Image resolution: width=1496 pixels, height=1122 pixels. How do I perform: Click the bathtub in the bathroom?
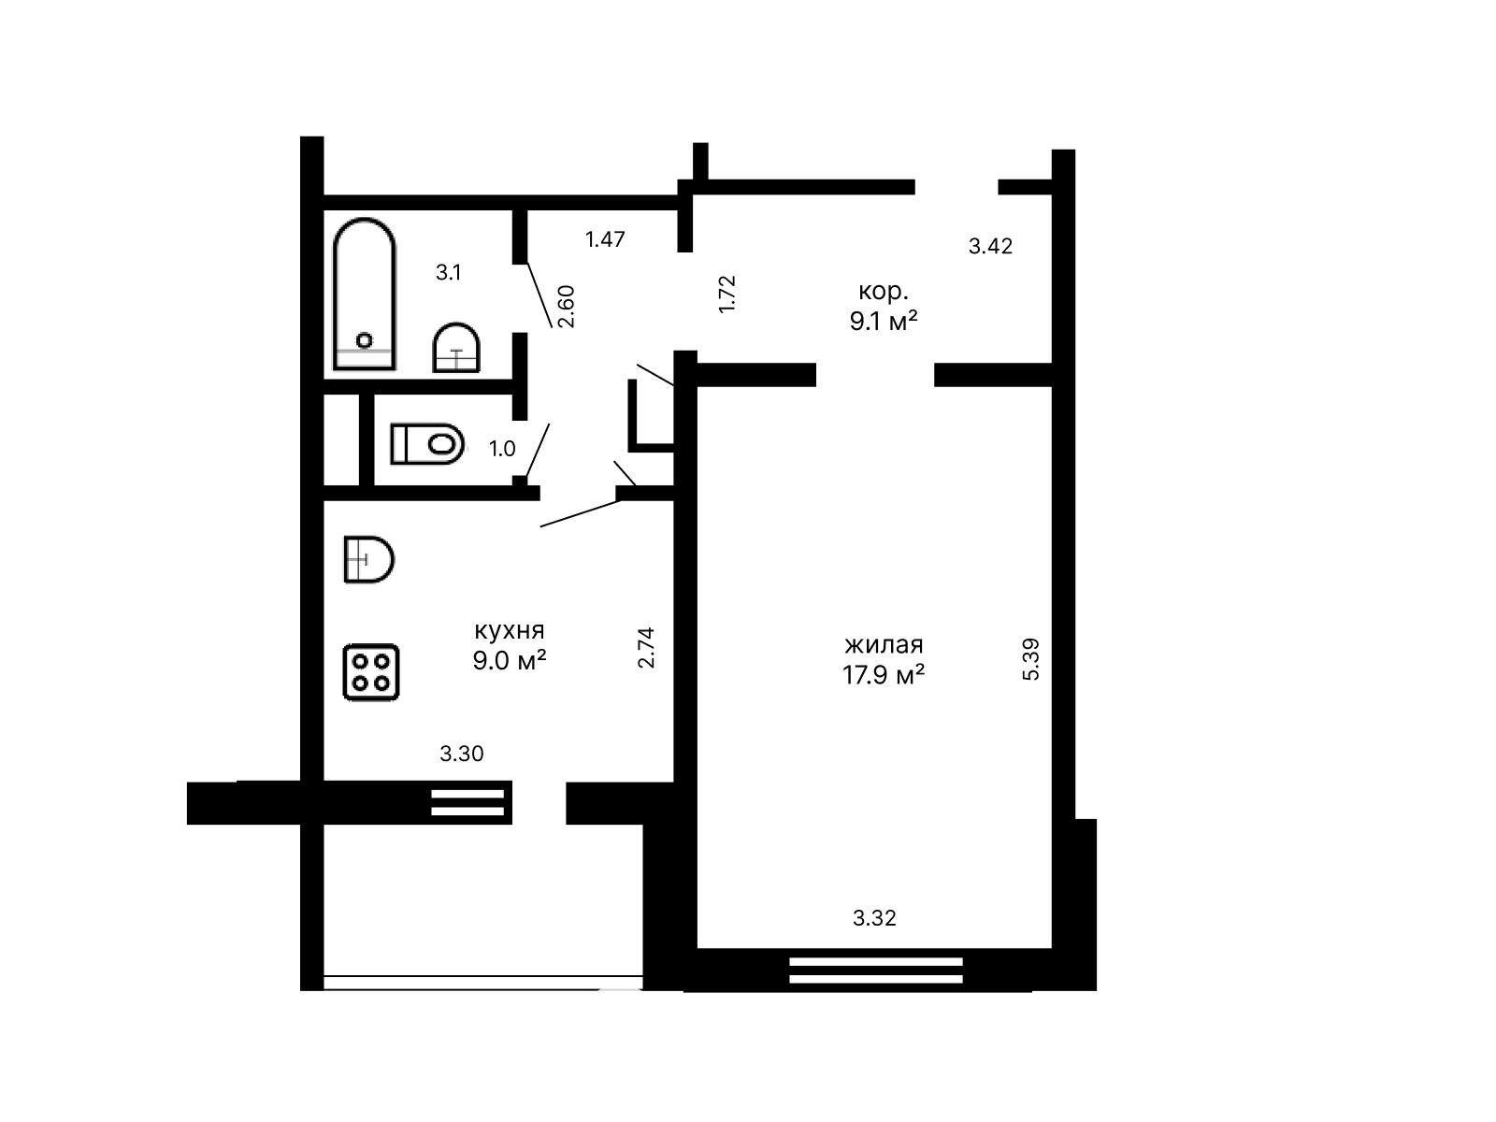click(x=364, y=294)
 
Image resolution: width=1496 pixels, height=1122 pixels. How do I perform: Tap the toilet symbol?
click(x=427, y=443)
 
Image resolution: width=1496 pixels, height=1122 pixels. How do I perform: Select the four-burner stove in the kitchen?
click(x=371, y=671)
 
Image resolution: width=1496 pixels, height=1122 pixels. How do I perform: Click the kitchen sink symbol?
click(x=368, y=559)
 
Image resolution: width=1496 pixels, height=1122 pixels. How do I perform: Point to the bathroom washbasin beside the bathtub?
click(x=456, y=348)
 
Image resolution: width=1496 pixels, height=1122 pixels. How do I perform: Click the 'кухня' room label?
click(x=510, y=630)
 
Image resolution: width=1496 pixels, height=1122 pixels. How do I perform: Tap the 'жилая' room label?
click(x=884, y=644)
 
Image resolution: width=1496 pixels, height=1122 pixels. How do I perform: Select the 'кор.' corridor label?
click(x=884, y=292)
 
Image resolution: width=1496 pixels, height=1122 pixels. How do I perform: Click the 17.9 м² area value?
click(x=884, y=674)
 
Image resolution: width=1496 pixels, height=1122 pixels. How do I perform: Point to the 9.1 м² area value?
click(x=884, y=320)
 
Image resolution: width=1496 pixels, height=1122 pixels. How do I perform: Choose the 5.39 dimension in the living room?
click(x=1031, y=659)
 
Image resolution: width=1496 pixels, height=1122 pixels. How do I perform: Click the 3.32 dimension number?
click(x=874, y=917)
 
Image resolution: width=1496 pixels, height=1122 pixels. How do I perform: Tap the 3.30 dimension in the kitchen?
click(x=461, y=754)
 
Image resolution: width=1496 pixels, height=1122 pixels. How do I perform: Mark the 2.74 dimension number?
click(x=645, y=647)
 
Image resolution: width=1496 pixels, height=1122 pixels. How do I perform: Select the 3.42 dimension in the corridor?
click(x=990, y=246)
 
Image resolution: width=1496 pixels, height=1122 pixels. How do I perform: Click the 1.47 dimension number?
click(x=605, y=239)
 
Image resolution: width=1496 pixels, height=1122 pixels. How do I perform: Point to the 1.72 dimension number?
click(x=727, y=294)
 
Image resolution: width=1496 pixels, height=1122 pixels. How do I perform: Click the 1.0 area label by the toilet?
click(x=502, y=449)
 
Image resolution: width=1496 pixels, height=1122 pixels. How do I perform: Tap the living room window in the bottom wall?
click(x=876, y=971)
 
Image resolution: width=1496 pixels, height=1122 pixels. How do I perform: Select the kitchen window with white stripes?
click(x=467, y=802)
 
